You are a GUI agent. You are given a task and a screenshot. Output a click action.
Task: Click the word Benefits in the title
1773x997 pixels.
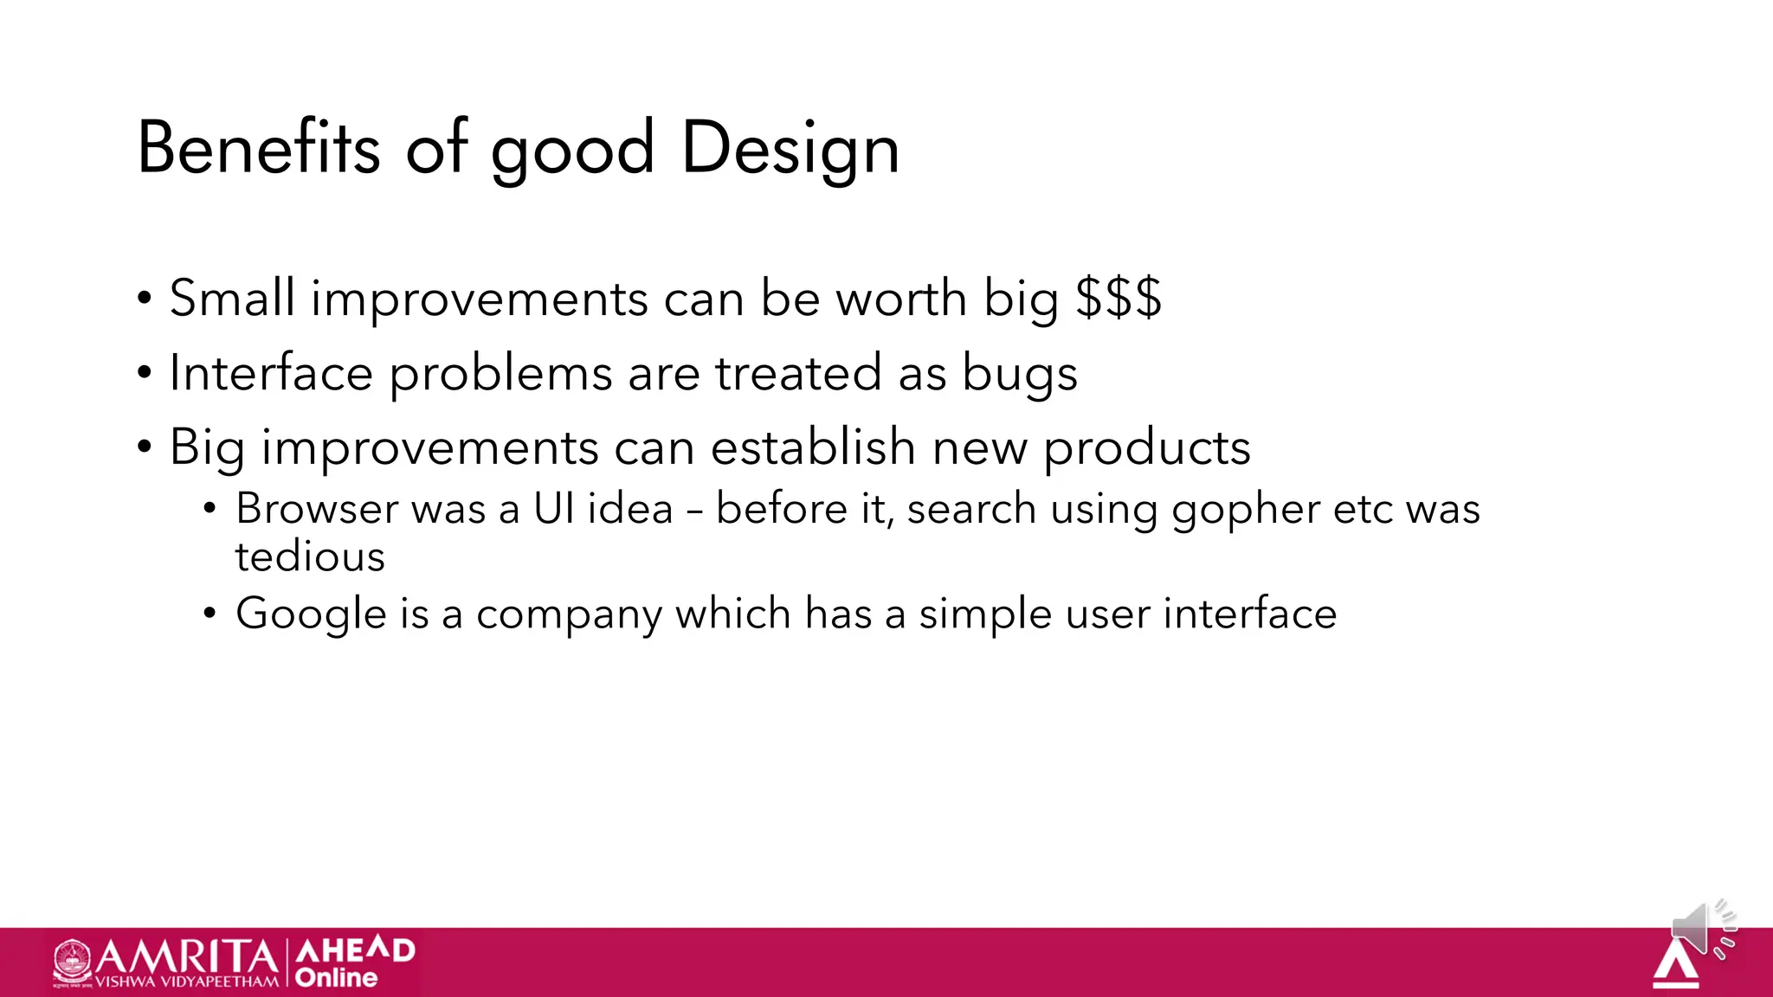[x=258, y=148]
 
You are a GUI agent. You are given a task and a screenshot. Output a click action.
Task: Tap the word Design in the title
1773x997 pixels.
[x=790, y=150]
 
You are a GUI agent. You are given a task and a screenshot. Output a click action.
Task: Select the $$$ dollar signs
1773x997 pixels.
[x=1118, y=299]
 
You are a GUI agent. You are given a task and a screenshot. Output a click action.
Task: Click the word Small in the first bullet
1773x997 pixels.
[x=232, y=299]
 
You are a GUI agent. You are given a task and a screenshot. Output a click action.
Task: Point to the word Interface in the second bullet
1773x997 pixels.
[x=271, y=374]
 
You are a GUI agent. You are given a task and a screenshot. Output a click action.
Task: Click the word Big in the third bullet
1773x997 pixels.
[x=206, y=449]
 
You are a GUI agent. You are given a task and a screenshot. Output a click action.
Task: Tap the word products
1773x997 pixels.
[x=1146, y=449]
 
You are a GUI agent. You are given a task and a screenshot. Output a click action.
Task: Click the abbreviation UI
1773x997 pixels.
[x=553, y=509]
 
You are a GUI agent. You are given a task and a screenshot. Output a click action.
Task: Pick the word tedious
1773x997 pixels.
[x=310, y=556]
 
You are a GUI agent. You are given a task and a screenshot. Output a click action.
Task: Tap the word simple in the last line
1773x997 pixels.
[x=984, y=614]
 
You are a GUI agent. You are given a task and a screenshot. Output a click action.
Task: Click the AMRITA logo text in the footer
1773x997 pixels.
[x=186, y=957]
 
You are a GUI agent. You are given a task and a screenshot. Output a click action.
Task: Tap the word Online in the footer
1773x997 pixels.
[x=336, y=978]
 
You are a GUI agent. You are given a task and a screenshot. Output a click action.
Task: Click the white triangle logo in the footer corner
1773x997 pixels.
[x=1675, y=965]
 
